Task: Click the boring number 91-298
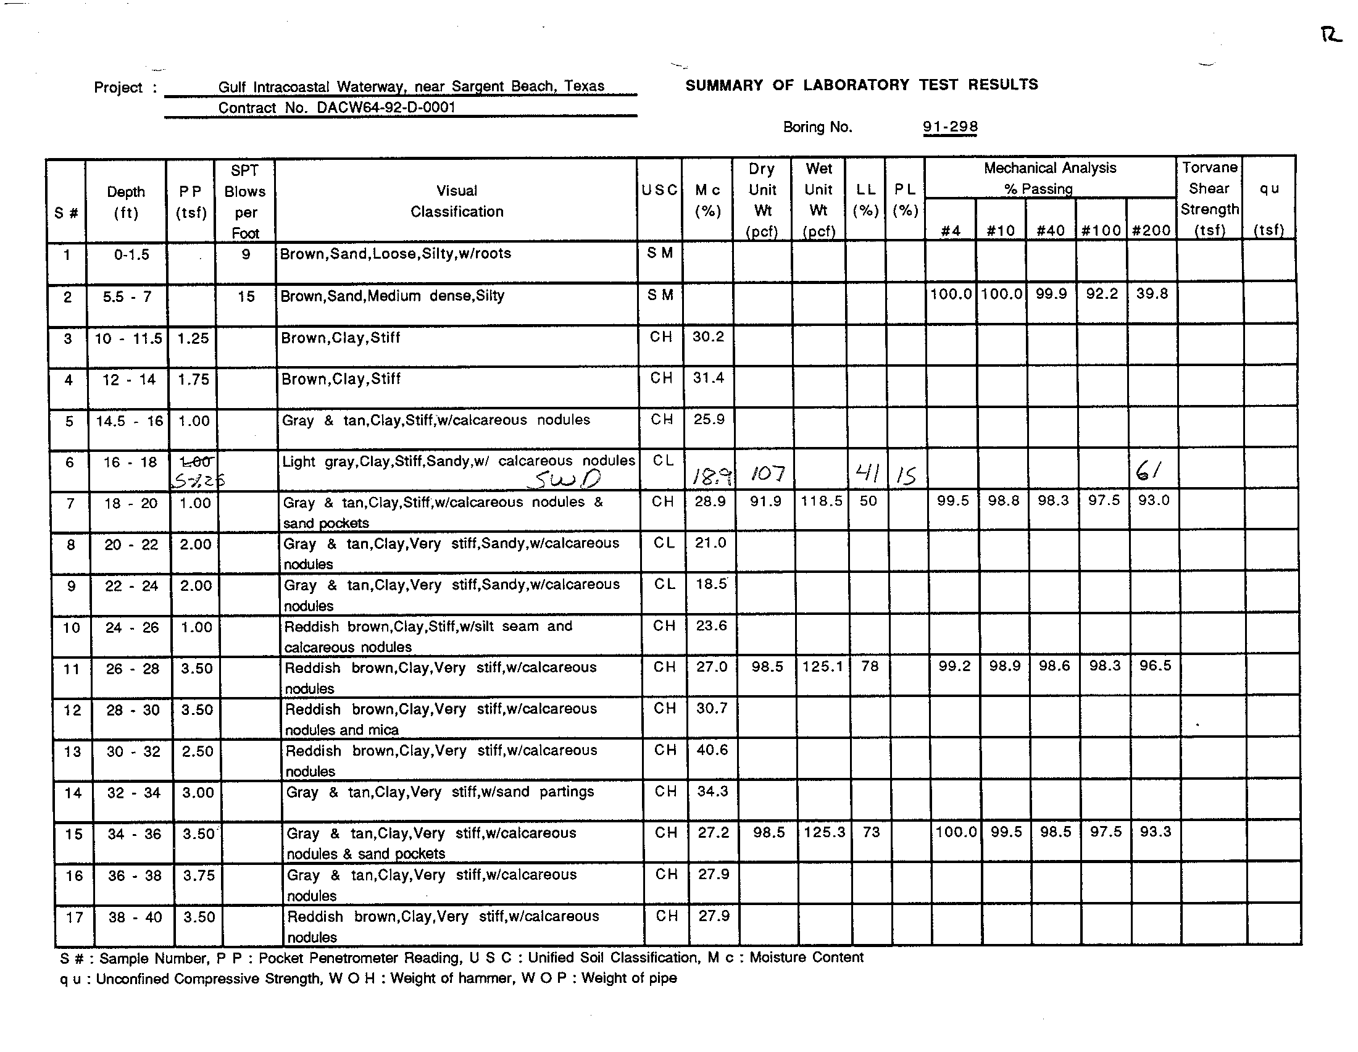tap(950, 127)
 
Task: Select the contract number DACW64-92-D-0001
tap(386, 107)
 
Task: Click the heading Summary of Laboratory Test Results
tap(862, 85)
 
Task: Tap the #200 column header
tap(1152, 231)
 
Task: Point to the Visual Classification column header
tap(456, 201)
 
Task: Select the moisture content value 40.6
tap(712, 750)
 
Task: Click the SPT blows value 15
tap(246, 296)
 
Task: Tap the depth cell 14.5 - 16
tap(130, 421)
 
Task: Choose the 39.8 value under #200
tap(1152, 293)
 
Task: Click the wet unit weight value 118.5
tap(822, 501)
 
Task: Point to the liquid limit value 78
tap(870, 667)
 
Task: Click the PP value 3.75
tap(199, 875)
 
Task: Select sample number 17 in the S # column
tap(75, 917)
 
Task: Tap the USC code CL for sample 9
tap(664, 585)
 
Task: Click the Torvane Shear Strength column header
tap(1209, 199)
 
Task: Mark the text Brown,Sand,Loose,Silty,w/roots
tap(396, 254)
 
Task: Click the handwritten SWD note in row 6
tap(567, 478)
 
